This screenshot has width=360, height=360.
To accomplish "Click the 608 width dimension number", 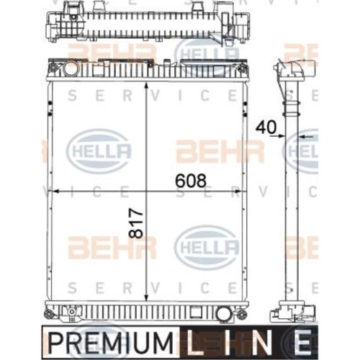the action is (x=191, y=181).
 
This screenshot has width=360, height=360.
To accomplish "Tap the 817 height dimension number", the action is (x=136, y=223).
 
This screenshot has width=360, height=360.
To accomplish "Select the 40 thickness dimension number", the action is (x=266, y=127).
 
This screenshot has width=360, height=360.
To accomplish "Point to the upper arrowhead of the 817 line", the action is (x=146, y=86).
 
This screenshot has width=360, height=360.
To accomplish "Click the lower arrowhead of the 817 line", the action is (x=146, y=297).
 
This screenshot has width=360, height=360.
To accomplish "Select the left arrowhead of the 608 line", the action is (x=55, y=192).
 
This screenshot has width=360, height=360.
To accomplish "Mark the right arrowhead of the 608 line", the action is (x=238, y=192).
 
